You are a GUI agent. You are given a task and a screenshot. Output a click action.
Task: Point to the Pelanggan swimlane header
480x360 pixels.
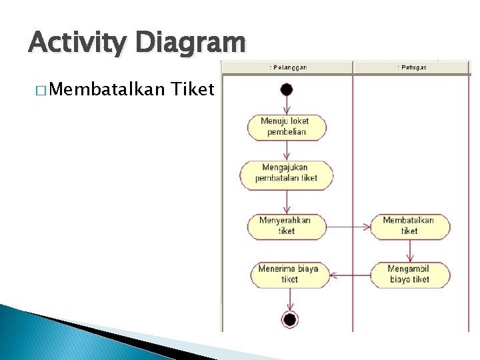pos(287,67)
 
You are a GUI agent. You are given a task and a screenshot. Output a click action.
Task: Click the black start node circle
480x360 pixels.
pos(287,89)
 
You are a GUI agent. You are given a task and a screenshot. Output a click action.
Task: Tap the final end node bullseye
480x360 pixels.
pos(289,319)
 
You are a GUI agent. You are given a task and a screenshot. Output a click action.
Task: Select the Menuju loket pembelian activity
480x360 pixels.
pos(287,127)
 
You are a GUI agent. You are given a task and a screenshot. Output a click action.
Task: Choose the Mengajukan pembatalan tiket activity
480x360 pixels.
pos(287,173)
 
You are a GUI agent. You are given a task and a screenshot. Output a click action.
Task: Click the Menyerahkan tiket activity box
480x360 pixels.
pos(287,226)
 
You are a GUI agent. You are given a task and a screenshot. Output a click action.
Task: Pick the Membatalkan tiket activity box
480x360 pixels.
pos(409,226)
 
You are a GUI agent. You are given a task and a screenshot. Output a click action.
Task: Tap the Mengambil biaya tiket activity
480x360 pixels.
pos(409,275)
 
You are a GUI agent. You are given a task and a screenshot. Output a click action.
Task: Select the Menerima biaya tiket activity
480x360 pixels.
pos(289,275)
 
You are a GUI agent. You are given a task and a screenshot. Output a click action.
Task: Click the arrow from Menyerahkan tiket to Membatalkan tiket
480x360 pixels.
pos(349,227)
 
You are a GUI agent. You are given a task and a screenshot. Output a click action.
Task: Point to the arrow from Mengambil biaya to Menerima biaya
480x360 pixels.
pos(351,275)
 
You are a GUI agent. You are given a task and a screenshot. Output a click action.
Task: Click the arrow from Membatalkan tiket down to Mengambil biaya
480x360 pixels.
pos(409,251)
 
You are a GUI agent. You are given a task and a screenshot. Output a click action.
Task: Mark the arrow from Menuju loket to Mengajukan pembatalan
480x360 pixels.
pos(287,150)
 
